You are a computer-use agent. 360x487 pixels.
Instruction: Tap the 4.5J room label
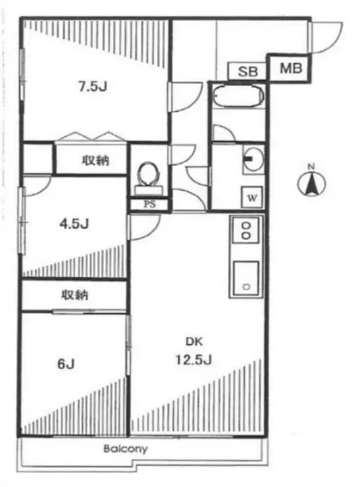click(74, 222)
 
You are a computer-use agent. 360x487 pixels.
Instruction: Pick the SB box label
click(247, 71)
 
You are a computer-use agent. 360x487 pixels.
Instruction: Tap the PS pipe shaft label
click(150, 204)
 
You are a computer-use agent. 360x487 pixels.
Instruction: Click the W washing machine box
click(251, 196)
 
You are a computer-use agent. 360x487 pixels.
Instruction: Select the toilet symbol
click(149, 175)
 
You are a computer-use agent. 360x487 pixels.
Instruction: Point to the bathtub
click(238, 101)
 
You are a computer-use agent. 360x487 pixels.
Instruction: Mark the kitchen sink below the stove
click(247, 278)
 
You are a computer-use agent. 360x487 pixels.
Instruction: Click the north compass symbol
click(313, 182)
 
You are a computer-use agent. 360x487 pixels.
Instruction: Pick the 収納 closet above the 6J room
click(76, 295)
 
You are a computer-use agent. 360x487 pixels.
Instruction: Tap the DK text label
click(192, 342)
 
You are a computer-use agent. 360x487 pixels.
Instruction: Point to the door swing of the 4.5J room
click(36, 184)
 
